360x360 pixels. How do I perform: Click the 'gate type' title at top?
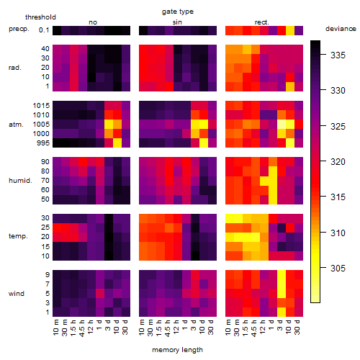click(178, 12)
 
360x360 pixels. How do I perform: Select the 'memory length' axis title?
click(177, 350)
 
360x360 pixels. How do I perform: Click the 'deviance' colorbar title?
click(341, 29)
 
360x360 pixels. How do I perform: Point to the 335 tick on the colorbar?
click(338, 55)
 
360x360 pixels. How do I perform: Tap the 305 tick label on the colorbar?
click(338, 268)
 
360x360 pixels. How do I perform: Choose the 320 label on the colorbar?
click(338, 161)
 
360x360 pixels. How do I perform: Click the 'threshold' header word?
click(40, 17)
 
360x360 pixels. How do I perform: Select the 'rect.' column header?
click(262, 22)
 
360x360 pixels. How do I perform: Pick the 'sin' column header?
click(177, 22)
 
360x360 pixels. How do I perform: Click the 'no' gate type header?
click(93, 22)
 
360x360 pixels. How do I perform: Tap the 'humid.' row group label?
click(20, 181)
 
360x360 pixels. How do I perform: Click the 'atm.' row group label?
click(16, 125)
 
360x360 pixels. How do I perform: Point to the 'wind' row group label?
click(17, 294)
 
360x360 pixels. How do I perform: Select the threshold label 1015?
click(41, 106)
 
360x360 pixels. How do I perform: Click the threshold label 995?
click(43, 143)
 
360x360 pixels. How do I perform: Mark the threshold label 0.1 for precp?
click(44, 30)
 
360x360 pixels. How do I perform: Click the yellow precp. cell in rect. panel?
click(290, 30)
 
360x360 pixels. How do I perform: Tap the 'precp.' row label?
click(19, 30)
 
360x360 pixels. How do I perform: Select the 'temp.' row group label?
click(18, 236)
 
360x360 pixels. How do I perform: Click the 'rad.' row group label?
click(15, 68)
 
